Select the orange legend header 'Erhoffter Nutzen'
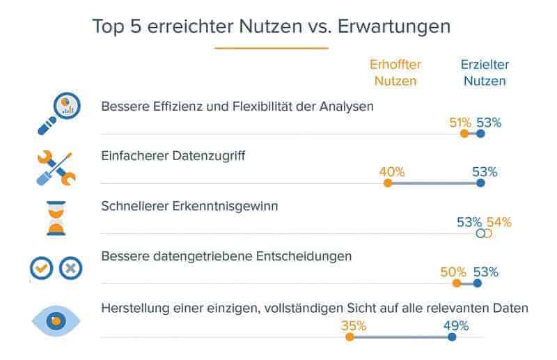coord(395,72)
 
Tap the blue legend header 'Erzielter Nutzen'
coord(485,72)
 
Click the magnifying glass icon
coord(58,113)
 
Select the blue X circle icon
coord(71,268)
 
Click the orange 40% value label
coord(392,172)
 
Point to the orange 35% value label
coord(354,325)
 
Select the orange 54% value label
coord(499,222)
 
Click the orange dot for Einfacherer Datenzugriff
coord(388,184)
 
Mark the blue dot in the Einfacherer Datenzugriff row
coord(480,184)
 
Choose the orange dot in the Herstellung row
coord(350,337)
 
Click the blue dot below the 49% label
coord(452,337)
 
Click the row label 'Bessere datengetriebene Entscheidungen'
coord(226,256)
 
